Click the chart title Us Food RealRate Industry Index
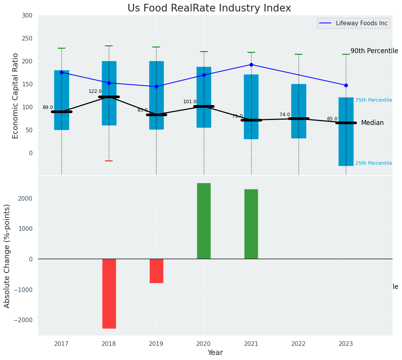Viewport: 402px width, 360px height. [x=209, y=8]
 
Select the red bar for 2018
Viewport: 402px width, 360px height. [x=109, y=294]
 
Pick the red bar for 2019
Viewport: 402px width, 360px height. [x=156, y=271]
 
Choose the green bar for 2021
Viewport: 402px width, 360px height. [x=251, y=224]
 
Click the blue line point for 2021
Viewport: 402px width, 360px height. [x=251, y=65]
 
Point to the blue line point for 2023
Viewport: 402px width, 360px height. [x=346, y=85]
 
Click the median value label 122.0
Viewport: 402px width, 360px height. [x=95, y=91]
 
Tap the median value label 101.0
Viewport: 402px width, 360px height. [x=190, y=102]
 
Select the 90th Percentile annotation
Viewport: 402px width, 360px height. [x=374, y=51]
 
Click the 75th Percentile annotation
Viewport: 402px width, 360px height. [x=374, y=100]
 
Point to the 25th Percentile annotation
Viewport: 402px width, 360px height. [x=374, y=163]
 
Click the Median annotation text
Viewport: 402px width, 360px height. [x=372, y=123]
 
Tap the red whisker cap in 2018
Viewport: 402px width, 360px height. [x=109, y=161]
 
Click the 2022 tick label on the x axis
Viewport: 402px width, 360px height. [x=299, y=344]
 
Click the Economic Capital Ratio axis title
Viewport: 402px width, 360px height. [x=16, y=96]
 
